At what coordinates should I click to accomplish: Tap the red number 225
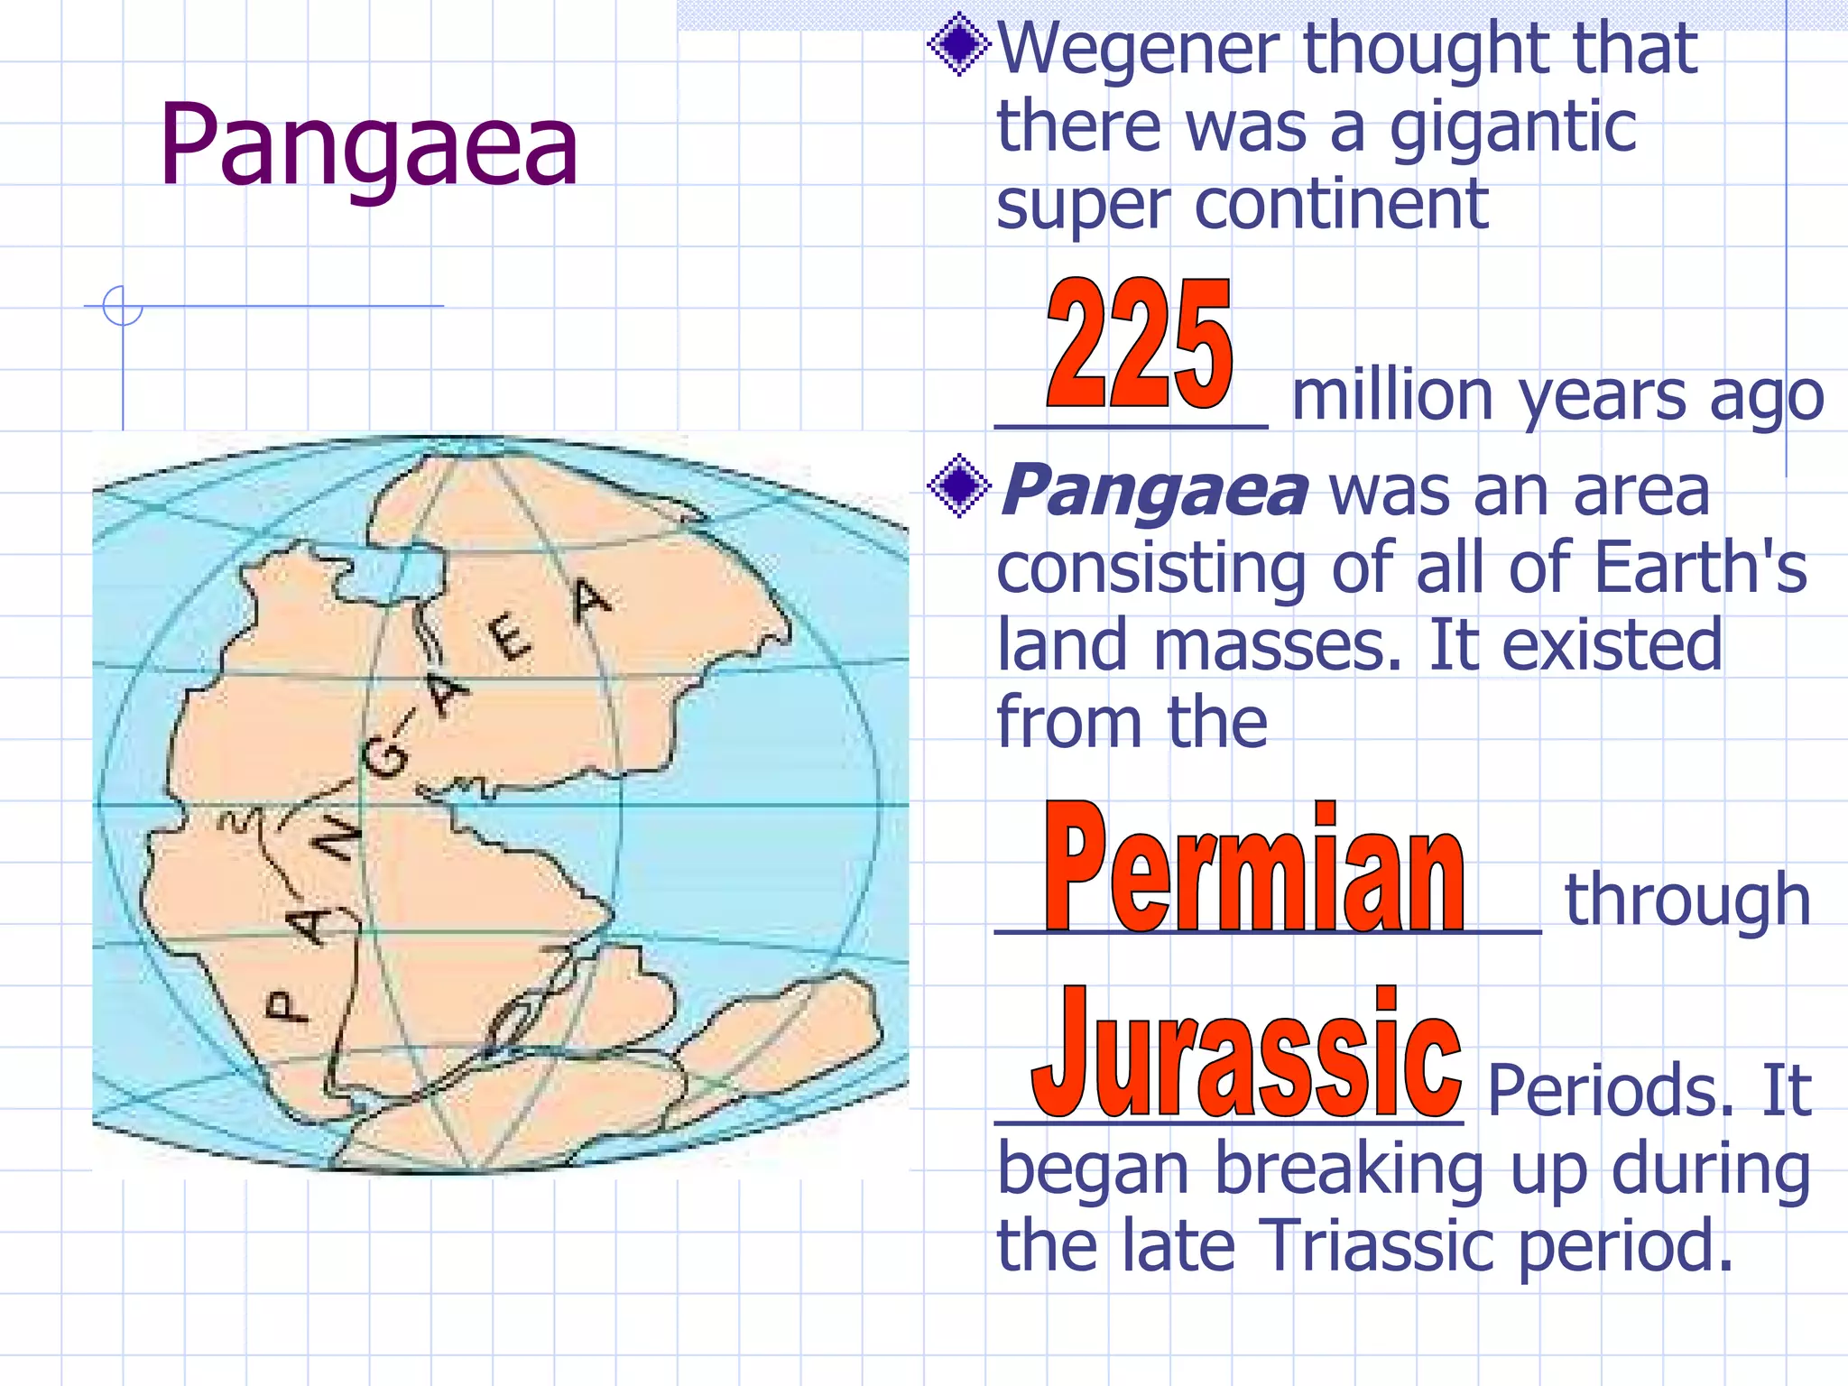pyautogui.click(x=1139, y=343)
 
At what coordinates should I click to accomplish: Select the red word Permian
pyautogui.click(x=1254, y=869)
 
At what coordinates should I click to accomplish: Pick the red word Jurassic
pyautogui.click(x=1246, y=1054)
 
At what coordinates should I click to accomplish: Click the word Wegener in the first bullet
pyautogui.click(x=1141, y=49)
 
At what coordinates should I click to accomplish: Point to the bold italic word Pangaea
pyautogui.click(x=1154, y=491)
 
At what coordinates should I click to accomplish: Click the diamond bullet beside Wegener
pyautogui.click(x=958, y=45)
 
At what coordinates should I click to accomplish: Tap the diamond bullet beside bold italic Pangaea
pyautogui.click(x=958, y=485)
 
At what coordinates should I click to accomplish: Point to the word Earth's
pyautogui.click(x=1700, y=568)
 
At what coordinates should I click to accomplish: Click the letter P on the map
pyautogui.click(x=287, y=1005)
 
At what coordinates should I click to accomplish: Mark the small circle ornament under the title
pyautogui.click(x=123, y=306)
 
